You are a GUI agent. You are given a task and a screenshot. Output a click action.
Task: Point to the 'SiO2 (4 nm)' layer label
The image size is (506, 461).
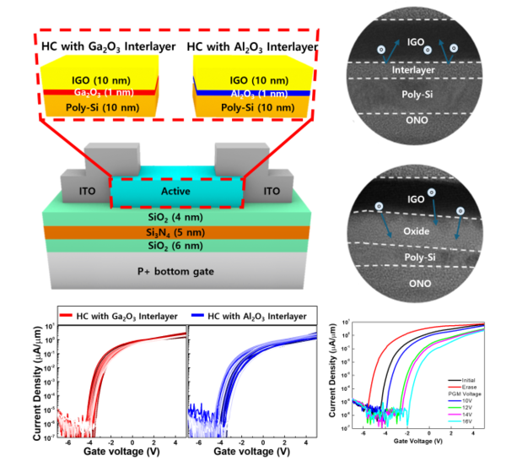177,217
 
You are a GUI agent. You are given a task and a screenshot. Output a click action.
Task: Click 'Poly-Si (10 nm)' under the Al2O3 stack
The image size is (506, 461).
253,107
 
